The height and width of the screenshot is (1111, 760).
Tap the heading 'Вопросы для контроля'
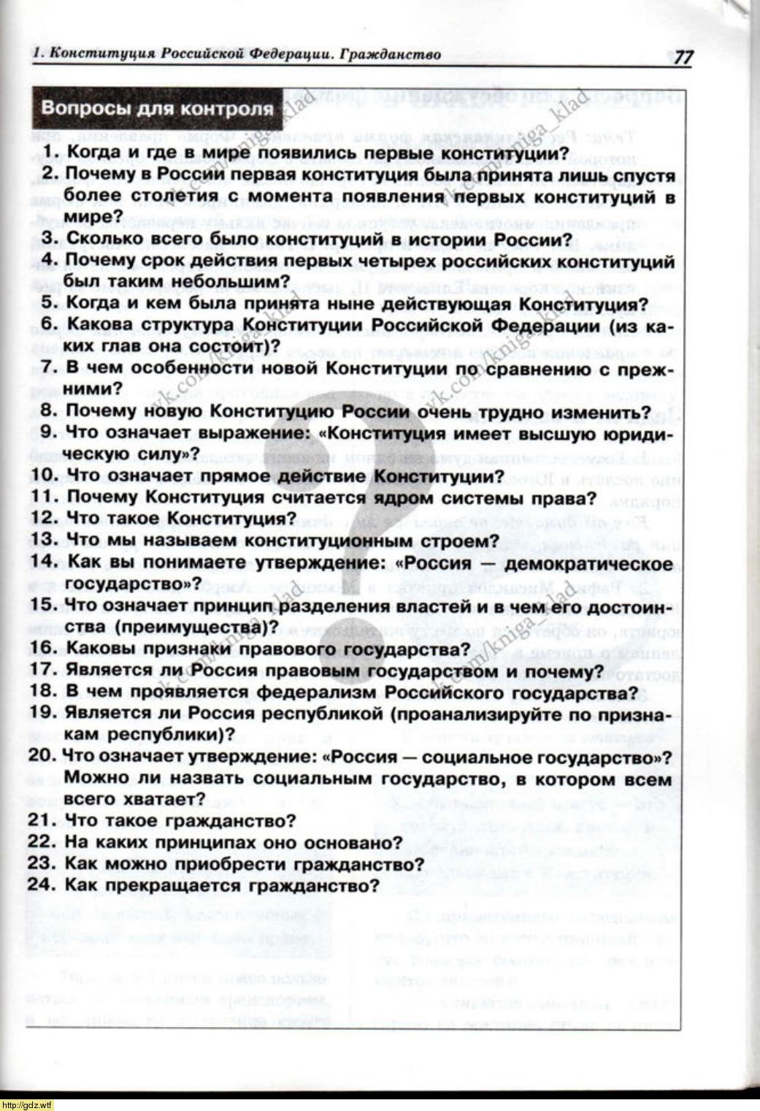(x=157, y=109)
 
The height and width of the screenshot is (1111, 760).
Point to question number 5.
(x=51, y=304)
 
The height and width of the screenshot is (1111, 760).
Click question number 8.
(x=51, y=412)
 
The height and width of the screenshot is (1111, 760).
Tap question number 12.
(x=46, y=519)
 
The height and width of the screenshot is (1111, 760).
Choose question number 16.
(x=46, y=649)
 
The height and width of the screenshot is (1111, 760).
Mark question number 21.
(x=46, y=820)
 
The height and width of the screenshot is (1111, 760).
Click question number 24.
(x=46, y=886)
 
